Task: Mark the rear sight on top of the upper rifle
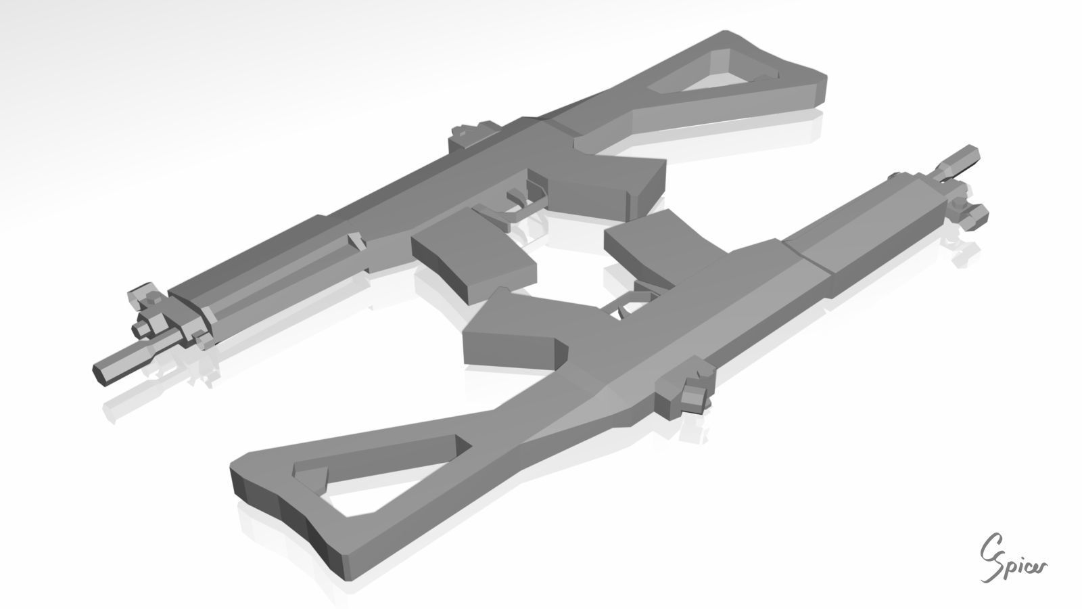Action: (471, 132)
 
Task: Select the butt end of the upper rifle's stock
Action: (815, 85)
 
